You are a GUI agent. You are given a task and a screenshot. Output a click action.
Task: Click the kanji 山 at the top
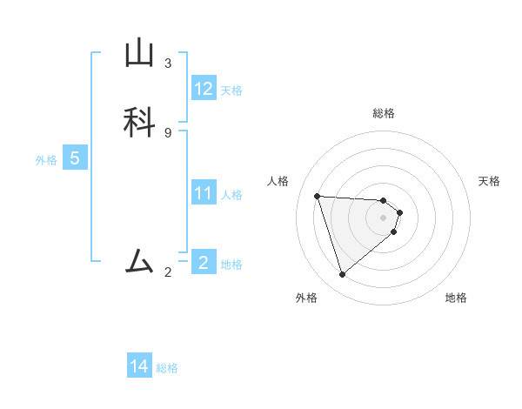click(x=139, y=54)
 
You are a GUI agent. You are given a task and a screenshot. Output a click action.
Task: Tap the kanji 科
click(x=139, y=121)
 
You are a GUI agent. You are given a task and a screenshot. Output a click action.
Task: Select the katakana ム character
click(x=139, y=260)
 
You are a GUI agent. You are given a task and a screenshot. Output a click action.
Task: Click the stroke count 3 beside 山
click(x=168, y=63)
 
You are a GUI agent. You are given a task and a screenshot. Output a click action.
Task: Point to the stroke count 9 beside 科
click(x=168, y=132)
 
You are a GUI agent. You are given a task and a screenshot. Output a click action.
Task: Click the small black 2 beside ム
click(x=168, y=272)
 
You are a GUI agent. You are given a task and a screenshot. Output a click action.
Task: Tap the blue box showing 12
click(x=204, y=89)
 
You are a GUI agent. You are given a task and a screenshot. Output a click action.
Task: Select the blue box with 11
click(x=204, y=193)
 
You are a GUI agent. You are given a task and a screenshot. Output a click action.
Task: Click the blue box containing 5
click(x=75, y=159)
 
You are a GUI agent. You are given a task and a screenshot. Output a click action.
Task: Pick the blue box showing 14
click(x=139, y=367)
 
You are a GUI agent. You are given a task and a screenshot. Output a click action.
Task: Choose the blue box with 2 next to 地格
click(x=204, y=263)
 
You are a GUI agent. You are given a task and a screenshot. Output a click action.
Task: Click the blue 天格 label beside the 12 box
click(x=231, y=91)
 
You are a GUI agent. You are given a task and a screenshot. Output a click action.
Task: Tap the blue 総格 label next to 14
click(x=167, y=368)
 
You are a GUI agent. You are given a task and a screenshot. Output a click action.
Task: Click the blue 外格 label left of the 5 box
click(x=46, y=160)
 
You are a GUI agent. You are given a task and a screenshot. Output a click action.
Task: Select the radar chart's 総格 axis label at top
click(x=384, y=113)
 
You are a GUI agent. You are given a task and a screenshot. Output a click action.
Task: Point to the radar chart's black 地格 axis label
click(x=456, y=298)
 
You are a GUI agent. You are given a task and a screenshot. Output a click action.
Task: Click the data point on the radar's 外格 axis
click(x=342, y=275)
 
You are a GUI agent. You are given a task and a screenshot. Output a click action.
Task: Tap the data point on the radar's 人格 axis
click(x=318, y=196)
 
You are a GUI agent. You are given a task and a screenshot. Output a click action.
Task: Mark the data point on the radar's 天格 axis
click(x=399, y=212)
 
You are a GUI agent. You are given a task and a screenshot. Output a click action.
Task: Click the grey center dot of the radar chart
click(x=384, y=218)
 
